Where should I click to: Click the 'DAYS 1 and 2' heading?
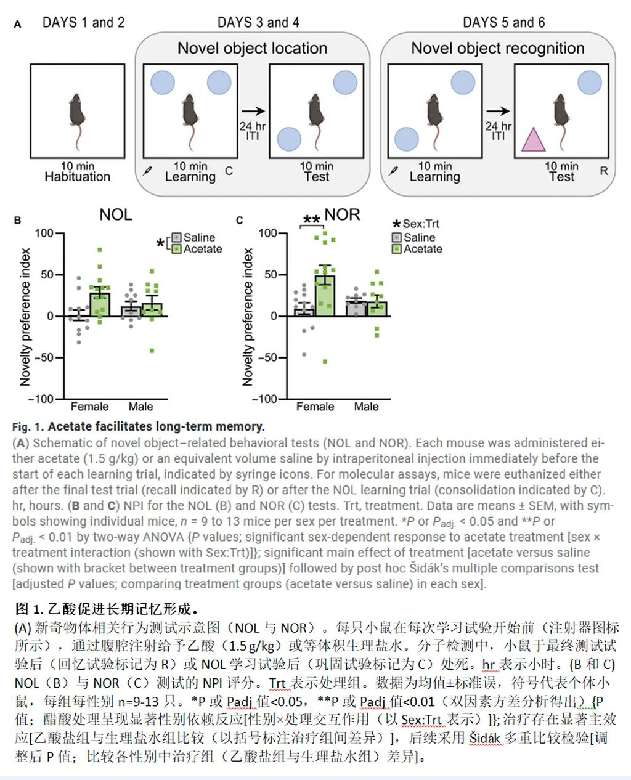click(83, 23)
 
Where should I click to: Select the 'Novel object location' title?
click(252, 48)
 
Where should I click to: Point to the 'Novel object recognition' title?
click(497, 48)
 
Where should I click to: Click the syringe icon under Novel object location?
click(147, 170)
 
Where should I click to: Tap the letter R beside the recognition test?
click(603, 171)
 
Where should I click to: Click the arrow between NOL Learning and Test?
click(253, 111)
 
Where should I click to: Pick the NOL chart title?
click(116, 215)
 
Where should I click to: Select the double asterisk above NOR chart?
click(312, 220)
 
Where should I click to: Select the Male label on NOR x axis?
click(366, 407)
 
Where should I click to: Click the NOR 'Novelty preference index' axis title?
click(248, 317)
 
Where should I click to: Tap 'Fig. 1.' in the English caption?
click(28, 426)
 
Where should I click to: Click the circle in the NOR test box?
click(589, 83)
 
